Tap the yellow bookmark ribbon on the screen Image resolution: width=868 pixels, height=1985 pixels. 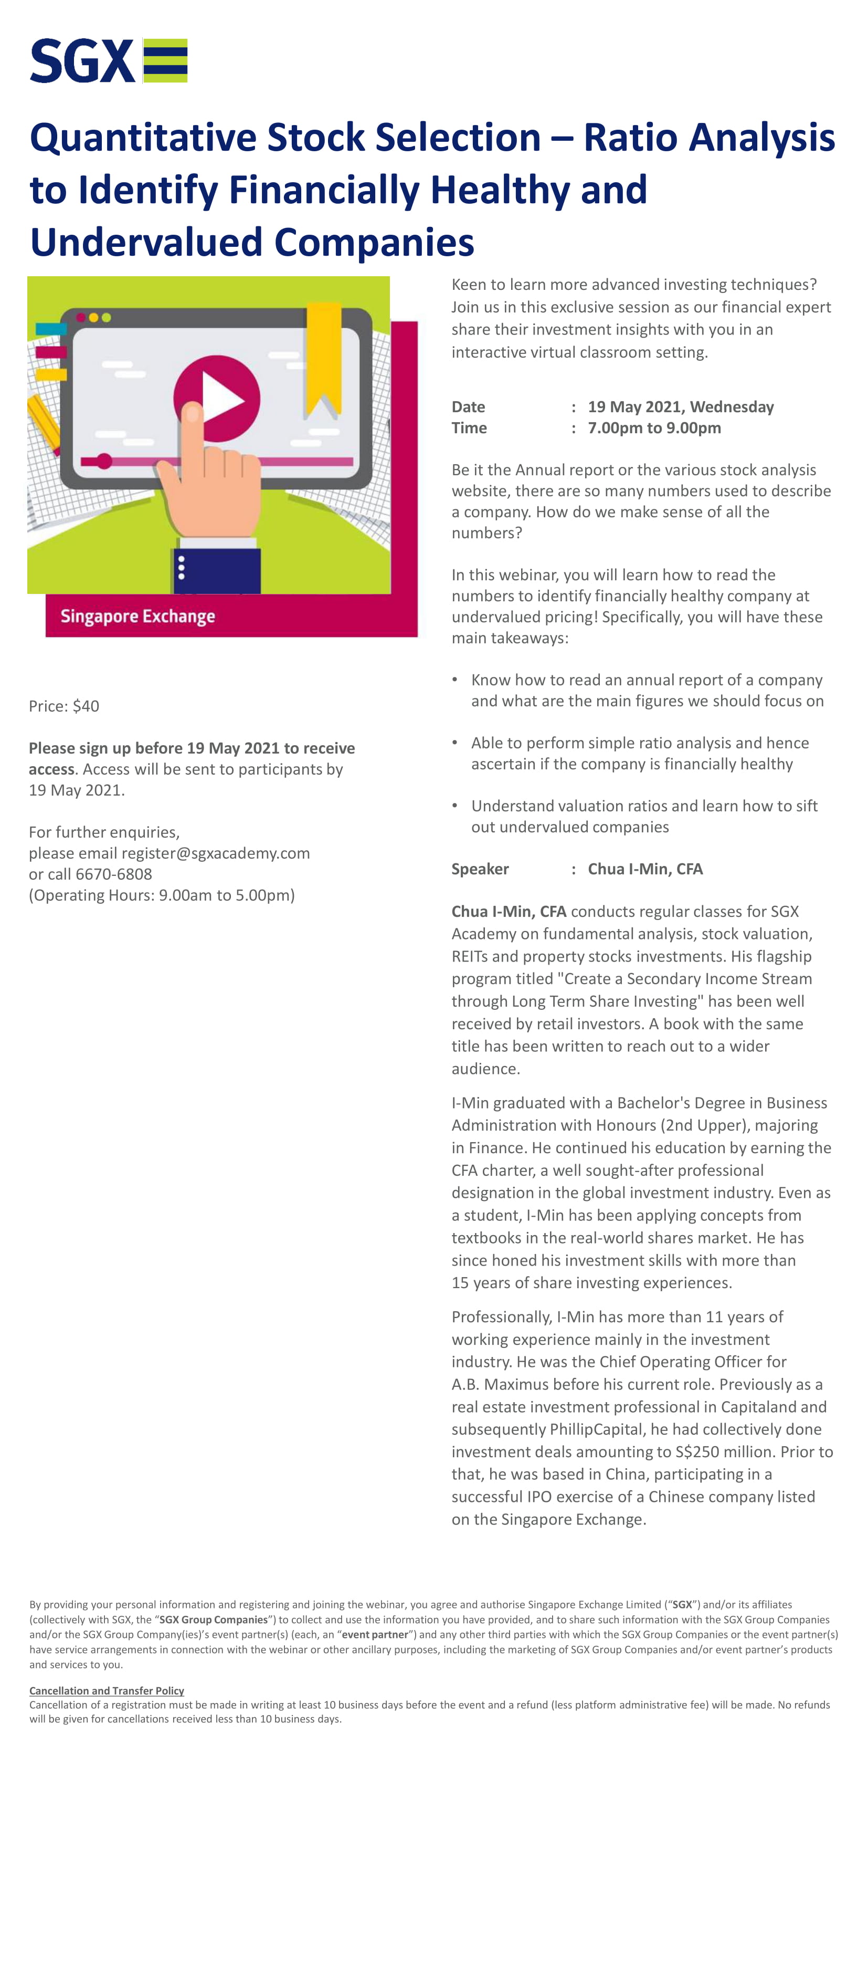point(323,355)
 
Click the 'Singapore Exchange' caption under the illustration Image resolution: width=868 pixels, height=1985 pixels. point(138,617)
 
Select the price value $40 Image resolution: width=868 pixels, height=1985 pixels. point(86,706)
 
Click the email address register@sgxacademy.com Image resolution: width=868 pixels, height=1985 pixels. point(216,853)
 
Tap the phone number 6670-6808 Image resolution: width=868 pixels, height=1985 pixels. point(114,874)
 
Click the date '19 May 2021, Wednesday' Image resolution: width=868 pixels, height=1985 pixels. point(680,407)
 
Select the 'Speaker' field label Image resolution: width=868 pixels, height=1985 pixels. point(480,869)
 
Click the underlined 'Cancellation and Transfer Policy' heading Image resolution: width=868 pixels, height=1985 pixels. point(107,1690)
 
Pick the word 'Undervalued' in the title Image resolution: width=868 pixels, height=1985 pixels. point(146,243)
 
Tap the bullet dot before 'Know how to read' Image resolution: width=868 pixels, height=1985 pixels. point(455,679)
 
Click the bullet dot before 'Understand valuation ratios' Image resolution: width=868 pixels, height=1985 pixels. point(455,805)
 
